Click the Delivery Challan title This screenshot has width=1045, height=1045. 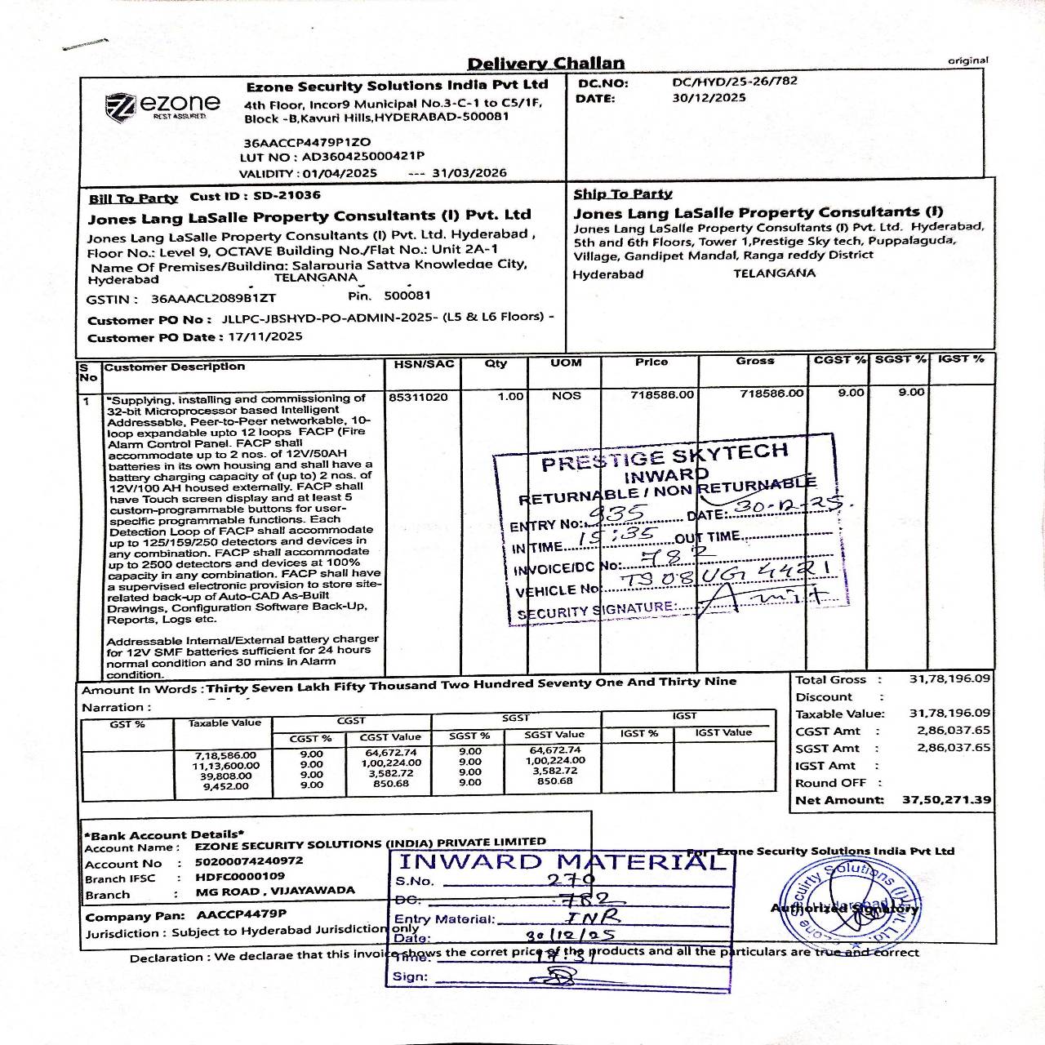pos(545,64)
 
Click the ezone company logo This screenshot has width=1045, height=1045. pos(162,105)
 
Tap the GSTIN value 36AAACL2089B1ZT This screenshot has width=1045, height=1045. pos(213,300)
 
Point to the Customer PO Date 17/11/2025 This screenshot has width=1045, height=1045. pos(265,336)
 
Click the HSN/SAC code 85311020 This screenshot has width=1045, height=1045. pos(418,397)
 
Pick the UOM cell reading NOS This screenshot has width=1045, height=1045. pos(566,396)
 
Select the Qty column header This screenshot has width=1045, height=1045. pos(496,363)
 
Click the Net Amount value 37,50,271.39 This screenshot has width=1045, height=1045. pos(946,800)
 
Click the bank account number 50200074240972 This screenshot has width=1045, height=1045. pos(249,861)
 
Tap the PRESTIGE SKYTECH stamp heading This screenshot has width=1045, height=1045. pos(665,457)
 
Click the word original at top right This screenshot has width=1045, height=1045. pos(967,60)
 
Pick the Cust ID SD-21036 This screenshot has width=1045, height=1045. pos(287,196)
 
